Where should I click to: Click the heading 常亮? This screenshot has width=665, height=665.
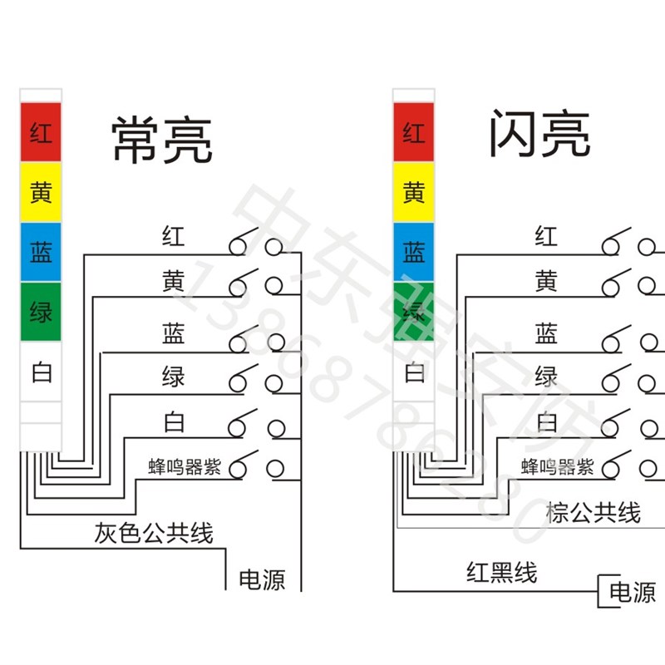[162, 140]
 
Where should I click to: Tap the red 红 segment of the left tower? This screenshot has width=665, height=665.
[41, 132]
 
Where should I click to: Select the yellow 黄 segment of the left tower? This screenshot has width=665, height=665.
[41, 193]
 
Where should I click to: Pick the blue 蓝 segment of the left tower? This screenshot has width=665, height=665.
[41, 253]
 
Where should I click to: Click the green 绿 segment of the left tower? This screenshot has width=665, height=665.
[41, 313]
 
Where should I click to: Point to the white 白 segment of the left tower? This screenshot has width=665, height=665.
[41, 372]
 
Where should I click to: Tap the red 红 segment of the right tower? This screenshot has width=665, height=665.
[413, 132]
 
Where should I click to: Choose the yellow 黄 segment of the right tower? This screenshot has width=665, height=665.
[413, 193]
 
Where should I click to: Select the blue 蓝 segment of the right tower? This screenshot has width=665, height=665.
[413, 252]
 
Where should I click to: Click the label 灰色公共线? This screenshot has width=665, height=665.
[154, 533]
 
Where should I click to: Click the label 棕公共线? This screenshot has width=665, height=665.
[593, 512]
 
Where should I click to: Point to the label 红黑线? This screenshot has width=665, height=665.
[501, 572]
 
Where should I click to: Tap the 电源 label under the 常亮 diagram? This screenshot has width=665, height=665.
[262, 579]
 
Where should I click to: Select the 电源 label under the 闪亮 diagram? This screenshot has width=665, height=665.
[633, 592]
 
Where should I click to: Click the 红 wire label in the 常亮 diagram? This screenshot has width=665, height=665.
[173, 237]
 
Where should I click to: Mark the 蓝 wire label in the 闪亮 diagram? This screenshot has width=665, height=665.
[546, 334]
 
